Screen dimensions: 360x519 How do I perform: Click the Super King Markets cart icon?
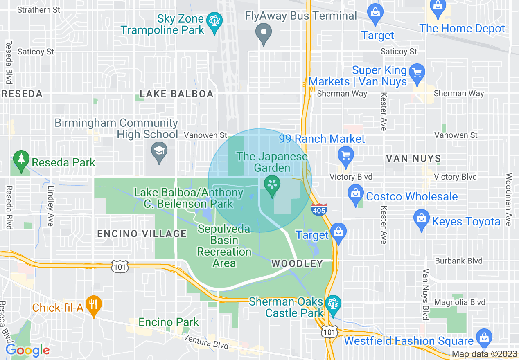[x=417, y=72]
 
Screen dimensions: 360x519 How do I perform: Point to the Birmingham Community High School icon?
[x=159, y=151]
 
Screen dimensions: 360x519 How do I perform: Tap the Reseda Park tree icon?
[x=20, y=159]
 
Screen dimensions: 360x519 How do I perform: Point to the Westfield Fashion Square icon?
[x=484, y=337]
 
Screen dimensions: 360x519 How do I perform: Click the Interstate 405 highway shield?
[x=319, y=210]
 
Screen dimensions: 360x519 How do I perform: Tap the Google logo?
[x=27, y=350]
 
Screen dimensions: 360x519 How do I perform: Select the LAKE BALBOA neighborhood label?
[x=176, y=94]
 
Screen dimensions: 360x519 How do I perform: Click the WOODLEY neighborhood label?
[x=297, y=264]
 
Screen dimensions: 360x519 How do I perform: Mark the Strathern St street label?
[x=39, y=9]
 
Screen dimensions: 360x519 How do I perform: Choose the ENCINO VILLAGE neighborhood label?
[x=142, y=234]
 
